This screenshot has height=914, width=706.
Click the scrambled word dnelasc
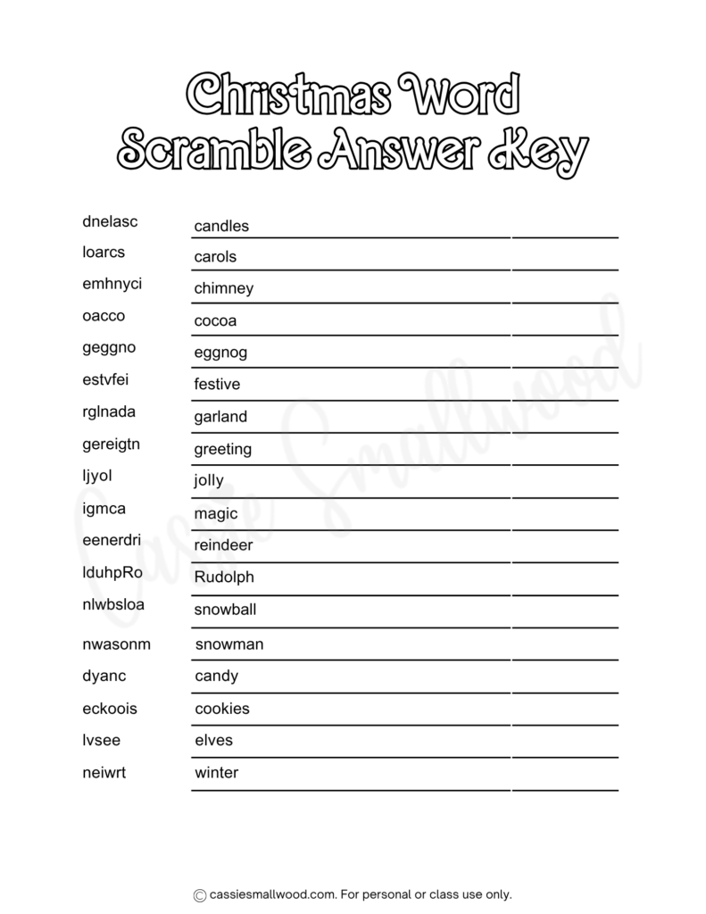(x=110, y=220)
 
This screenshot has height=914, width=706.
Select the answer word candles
(x=221, y=227)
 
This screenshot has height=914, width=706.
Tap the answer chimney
(x=224, y=288)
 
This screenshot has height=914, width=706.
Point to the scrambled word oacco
(x=104, y=316)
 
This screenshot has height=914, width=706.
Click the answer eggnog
(x=220, y=353)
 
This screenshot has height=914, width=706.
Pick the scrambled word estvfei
(x=105, y=380)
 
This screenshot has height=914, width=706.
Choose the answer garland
(x=220, y=417)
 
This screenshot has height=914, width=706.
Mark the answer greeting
(x=223, y=449)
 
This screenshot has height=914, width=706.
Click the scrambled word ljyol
(x=97, y=476)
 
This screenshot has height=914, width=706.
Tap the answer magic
(x=216, y=513)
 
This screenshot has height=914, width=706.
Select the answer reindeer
(x=223, y=544)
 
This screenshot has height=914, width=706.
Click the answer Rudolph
(x=224, y=577)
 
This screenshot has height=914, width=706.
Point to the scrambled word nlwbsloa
(x=113, y=605)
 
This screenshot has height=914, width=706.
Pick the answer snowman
(x=229, y=644)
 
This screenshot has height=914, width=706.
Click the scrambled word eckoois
(x=110, y=709)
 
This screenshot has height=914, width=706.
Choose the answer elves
(x=213, y=741)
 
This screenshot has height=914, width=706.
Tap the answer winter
(x=217, y=773)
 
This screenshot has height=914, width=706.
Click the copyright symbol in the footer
(x=200, y=894)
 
